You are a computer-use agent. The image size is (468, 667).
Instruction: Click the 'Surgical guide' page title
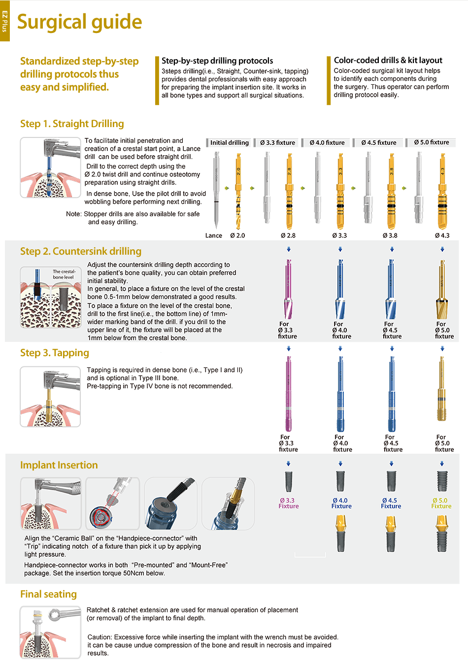tap(79, 22)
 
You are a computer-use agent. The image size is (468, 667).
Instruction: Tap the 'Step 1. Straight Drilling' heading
tap(72, 124)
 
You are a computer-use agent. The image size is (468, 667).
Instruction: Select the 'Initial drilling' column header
tap(229, 143)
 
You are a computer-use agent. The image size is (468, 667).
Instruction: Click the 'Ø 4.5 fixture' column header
tap(379, 143)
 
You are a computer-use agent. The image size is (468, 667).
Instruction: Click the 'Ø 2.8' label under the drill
tap(288, 235)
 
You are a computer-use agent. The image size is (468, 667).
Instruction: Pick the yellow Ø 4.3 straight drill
tap(442, 191)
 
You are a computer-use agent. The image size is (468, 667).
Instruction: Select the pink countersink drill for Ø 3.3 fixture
tap(288, 289)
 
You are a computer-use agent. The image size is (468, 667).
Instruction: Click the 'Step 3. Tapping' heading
tap(55, 353)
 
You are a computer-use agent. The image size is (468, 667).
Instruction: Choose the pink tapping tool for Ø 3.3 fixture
tap(289, 394)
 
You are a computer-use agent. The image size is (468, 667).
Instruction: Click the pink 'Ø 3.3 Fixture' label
tap(288, 503)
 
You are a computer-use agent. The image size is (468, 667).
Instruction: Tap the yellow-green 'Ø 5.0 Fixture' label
tap(441, 503)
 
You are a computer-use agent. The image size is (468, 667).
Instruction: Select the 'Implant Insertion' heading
tap(59, 465)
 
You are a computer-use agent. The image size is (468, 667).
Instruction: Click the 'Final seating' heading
tap(49, 594)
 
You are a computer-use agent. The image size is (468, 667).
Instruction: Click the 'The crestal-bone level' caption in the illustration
tap(64, 274)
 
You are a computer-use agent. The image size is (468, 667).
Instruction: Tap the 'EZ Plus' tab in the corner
tap(4, 21)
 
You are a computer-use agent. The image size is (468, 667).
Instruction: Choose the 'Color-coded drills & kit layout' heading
tap(388, 61)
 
